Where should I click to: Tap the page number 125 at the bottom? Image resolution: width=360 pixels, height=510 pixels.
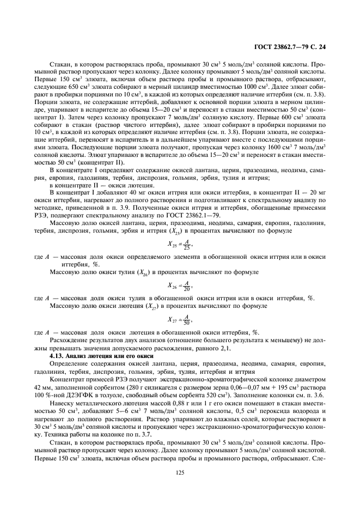pos(180,473)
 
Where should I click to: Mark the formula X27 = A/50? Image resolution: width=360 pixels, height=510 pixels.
pos(180,320)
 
